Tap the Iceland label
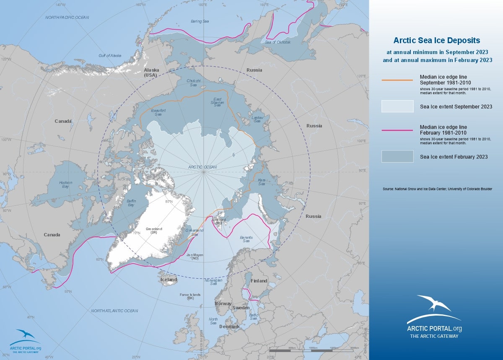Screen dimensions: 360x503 (169, 280)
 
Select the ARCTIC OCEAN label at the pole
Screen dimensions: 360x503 (202, 167)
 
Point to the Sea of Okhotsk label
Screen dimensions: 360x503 (278, 42)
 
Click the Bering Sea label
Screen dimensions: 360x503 (200, 21)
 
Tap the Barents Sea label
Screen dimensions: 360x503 (246, 239)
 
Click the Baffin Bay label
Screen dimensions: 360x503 (131, 203)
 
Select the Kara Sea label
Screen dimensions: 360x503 (262, 182)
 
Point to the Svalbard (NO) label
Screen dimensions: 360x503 (218, 221)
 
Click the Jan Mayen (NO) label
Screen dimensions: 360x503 (189, 256)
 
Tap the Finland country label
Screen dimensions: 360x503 (259, 281)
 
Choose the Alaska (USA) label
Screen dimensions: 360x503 (150, 72)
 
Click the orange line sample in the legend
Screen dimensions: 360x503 (397, 80)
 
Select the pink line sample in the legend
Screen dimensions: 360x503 (397, 130)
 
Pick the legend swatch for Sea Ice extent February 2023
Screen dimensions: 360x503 (397, 156)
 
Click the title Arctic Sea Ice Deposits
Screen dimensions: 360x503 (436, 41)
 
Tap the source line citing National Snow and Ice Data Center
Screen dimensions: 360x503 (437, 189)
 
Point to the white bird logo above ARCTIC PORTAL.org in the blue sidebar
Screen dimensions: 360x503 (433, 303)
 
